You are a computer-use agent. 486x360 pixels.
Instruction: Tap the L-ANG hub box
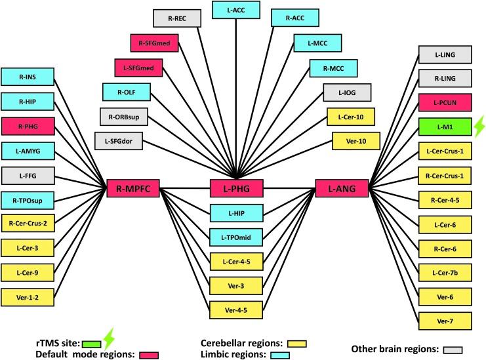[x=337, y=189]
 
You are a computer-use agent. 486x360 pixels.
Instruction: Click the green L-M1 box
[x=441, y=127]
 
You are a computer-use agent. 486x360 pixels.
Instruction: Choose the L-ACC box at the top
[x=235, y=10]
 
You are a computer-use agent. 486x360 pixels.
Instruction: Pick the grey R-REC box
[x=176, y=18]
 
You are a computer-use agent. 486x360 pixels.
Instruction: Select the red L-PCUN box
[x=441, y=102]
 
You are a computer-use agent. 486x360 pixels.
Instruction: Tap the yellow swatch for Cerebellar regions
[x=297, y=343]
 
